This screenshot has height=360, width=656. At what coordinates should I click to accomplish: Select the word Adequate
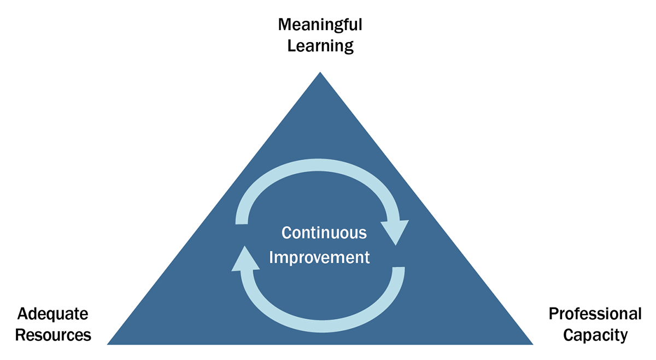pos(52,315)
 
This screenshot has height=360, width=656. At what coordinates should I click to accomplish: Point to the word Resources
pos(53,335)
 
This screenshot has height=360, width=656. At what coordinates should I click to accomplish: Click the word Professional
pos(595,314)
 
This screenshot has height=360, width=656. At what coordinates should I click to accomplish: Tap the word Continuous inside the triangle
pos(324,233)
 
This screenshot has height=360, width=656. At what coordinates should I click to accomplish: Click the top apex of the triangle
pos(320,72)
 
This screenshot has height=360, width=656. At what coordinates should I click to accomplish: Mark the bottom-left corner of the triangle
pos(108,344)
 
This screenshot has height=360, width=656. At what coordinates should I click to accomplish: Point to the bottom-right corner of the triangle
pos(532,344)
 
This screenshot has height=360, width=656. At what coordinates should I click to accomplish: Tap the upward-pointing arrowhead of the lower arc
pos(245,259)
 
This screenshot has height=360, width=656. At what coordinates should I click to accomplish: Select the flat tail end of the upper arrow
pos(242,224)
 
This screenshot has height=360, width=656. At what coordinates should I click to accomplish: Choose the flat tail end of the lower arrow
pos(399,267)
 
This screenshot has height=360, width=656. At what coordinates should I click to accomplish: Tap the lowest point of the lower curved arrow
pos(322,326)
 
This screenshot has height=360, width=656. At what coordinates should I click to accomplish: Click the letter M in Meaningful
pos(285,25)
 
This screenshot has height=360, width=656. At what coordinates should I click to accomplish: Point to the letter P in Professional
pos(553,314)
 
